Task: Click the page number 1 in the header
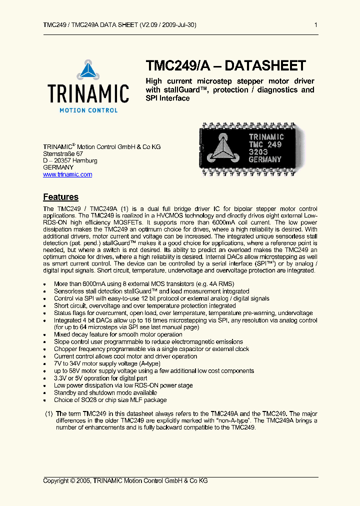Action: (315, 24)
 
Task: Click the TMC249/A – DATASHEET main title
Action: (225, 66)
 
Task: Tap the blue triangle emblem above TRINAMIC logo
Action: (88, 70)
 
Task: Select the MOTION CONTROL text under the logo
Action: (88, 110)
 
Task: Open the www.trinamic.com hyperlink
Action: (67, 174)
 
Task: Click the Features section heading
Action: (60, 197)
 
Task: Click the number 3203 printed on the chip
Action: (259, 152)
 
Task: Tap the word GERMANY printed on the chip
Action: (265, 159)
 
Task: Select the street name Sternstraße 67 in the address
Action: (63, 154)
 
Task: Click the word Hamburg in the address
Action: (85, 161)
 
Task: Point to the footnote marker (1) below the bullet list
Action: (48, 414)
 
